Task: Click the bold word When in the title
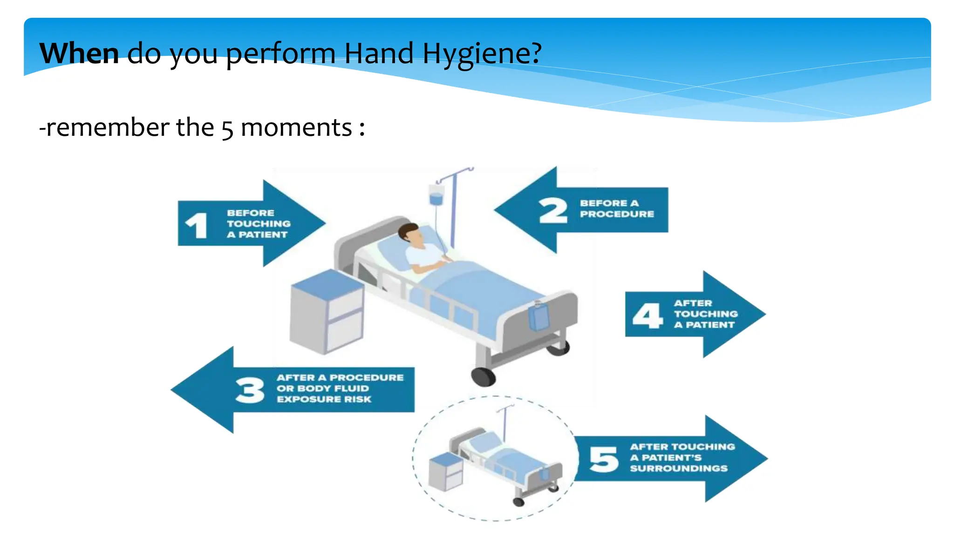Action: (x=79, y=53)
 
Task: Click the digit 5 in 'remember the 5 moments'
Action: (x=227, y=129)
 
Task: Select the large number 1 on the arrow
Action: (x=196, y=226)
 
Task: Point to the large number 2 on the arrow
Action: (x=553, y=211)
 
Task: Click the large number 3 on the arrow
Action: (x=250, y=390)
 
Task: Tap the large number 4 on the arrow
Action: (x=647, y=315)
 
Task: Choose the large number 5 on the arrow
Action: (x=604, y=459)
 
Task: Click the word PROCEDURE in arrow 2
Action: (x=617, y=214)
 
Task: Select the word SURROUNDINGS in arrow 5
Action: (x=679, y=469)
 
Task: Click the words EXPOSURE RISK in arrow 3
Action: (x=324, y=399)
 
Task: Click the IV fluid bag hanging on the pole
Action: (x=436, y=195)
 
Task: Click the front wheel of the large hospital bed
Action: (x=483, y=376)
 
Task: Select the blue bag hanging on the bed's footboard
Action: (x=538, y=316)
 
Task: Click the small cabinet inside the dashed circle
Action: (x=446, y=472)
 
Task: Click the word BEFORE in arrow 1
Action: (x=251, y=213)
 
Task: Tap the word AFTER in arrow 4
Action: (x=693, y=303)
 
